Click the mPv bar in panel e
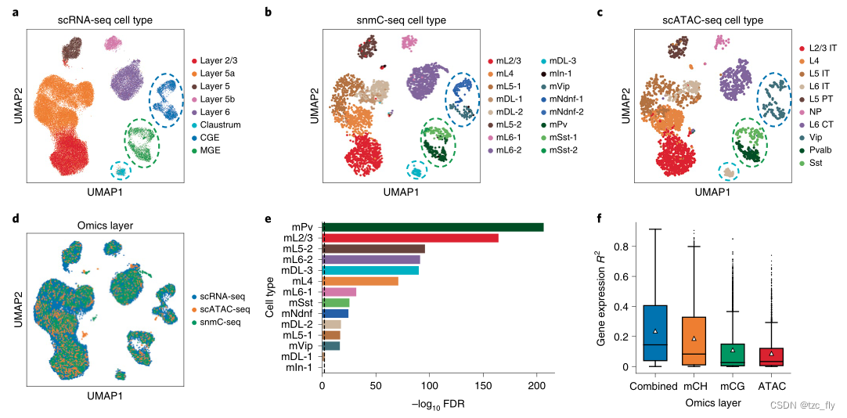433,227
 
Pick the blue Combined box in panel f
654,333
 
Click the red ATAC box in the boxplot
771,356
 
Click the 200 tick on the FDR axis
536,385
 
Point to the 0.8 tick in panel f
621,247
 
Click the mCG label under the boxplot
732,386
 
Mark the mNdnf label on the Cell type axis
301,313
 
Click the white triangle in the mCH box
694,338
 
